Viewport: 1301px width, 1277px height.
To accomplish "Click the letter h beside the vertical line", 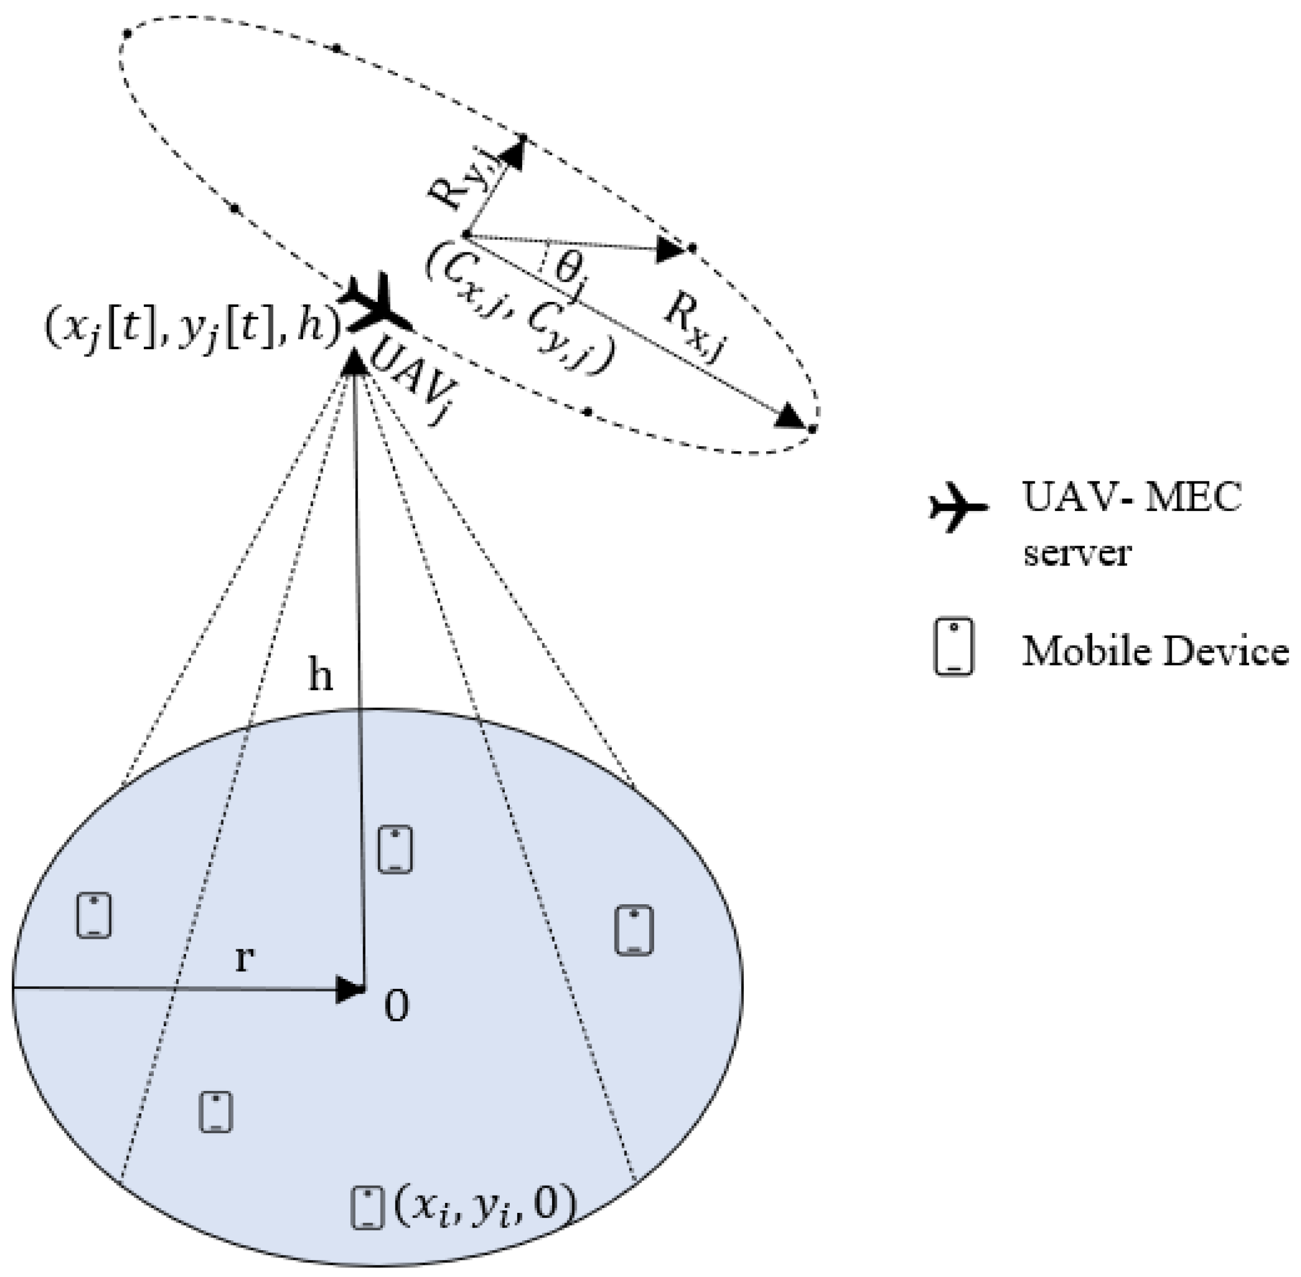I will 320,676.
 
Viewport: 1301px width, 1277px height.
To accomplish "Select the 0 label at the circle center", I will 396,1007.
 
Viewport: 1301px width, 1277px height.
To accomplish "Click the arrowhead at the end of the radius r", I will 349,990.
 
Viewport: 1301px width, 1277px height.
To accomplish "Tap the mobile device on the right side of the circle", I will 634,929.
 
